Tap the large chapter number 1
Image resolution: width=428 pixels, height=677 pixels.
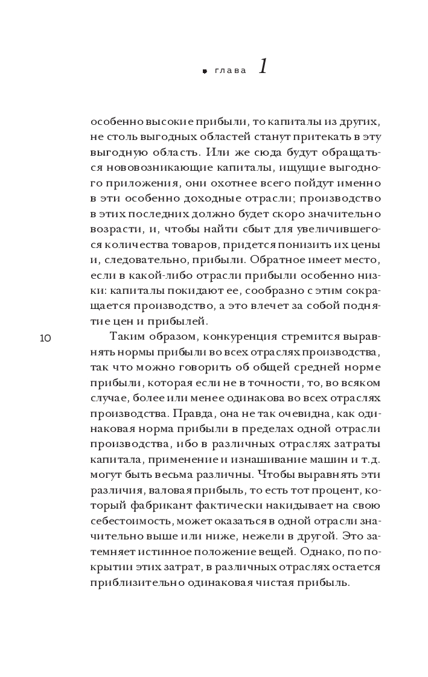[263, 66]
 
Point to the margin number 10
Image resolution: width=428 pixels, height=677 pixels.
[45, 338]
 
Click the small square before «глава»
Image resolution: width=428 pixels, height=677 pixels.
[205, 71]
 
